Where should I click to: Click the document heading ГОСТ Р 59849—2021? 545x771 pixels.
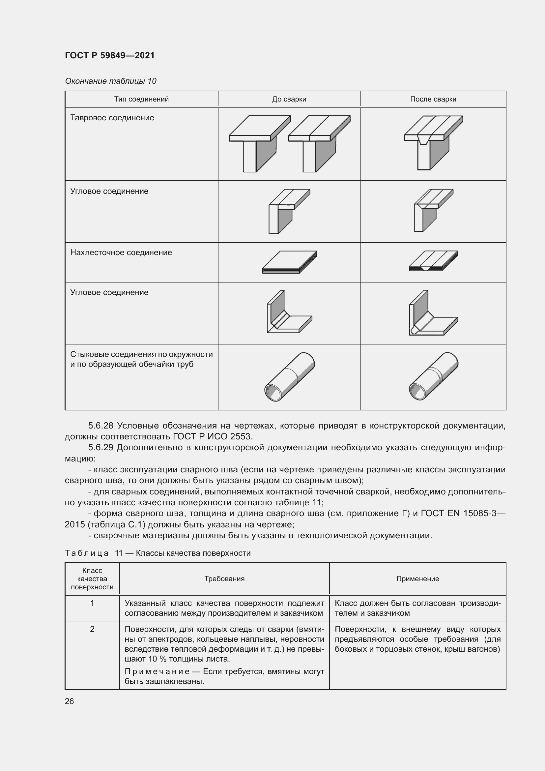coord(109,55)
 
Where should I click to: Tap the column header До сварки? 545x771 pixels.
coord(289,99)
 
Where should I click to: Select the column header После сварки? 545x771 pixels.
coord(433,99)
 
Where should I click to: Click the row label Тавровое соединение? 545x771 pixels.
coord(112,118)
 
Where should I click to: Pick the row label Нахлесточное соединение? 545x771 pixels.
coord(121,252)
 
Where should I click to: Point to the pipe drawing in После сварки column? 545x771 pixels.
coord(434,376)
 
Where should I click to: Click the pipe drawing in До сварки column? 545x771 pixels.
coord(290,376)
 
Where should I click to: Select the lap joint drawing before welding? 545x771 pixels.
coord(290,262)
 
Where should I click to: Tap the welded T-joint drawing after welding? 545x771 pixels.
coord(433,143)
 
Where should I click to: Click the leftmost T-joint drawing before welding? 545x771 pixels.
coord(259,143)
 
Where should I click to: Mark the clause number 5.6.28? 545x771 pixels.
coord(101,426)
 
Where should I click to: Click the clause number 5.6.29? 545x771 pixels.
coord(101,448)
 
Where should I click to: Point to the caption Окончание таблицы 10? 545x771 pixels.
coord(110,81)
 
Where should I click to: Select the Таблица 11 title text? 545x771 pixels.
coord(158,553)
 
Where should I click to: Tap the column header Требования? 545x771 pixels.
coord(224,578)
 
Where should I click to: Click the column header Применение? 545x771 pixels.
coord(417,578)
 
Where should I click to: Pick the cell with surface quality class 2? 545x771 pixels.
coord(92,629)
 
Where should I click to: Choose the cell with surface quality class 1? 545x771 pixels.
coord(92,603)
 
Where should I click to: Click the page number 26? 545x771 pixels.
coord(69,701)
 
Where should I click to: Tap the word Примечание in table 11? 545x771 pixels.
coord(157,671)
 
